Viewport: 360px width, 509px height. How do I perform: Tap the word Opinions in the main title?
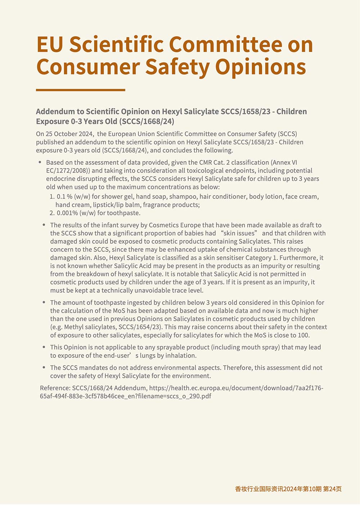[261, 67]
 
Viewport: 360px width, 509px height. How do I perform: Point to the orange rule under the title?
[81, 90]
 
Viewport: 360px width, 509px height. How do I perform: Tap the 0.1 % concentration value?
[64, 197]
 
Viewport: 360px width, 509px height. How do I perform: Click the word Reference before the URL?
[55, 388]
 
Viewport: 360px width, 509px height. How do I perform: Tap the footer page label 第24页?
[333, 489]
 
